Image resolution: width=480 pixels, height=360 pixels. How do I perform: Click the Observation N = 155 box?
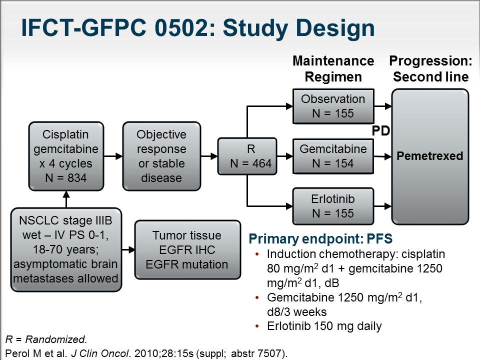(333, 106)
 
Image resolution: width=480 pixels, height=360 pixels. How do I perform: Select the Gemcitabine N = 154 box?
(333, 156)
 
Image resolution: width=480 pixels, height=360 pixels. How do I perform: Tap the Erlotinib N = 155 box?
(333, 206)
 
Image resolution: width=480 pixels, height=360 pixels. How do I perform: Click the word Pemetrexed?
(430, 156)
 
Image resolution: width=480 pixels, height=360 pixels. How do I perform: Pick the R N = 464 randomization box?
(247, 156)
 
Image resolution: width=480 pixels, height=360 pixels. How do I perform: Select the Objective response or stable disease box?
(161, 156)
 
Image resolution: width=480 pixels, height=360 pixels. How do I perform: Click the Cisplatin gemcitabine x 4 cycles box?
(66, 156)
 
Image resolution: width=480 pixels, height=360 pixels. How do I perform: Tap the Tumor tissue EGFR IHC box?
(187, 250)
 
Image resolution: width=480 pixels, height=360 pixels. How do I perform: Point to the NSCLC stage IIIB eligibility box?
(66, 249)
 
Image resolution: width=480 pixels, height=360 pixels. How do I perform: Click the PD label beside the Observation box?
(381, 130)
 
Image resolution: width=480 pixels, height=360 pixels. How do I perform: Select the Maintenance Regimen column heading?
(333, 69)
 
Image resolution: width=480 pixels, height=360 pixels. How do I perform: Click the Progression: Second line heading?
(430, 69)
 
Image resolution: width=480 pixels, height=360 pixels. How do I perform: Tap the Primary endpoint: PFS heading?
(320, 239)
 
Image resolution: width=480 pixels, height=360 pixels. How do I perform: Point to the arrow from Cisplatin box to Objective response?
(113, 156)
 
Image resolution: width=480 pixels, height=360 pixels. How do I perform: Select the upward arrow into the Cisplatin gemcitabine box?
(66, 199)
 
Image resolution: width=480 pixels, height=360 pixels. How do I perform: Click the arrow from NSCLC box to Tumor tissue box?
(128, 250)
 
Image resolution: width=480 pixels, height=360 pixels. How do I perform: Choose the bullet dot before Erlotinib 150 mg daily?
(257, 326)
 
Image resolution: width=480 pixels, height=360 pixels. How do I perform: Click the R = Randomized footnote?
(46, 339)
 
